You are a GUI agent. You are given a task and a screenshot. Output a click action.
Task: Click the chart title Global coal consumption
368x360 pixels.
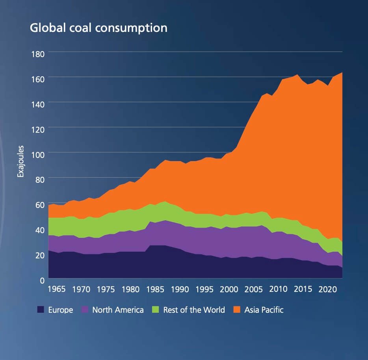click(99, 28)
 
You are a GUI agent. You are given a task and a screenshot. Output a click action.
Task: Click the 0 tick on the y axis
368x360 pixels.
click(41, 280)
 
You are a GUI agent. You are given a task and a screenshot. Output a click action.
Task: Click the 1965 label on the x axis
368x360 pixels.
click(56, 289)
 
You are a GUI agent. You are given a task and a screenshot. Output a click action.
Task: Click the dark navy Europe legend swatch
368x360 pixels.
click(41, 310)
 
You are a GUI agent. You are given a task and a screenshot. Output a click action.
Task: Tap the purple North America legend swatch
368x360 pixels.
click(85, 310)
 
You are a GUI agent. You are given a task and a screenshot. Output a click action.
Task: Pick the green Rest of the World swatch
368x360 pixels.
click(156, 310)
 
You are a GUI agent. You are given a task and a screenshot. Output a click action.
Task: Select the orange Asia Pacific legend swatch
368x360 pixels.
click(237, 310)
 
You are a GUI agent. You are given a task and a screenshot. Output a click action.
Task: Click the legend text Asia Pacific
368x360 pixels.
click(264, 310)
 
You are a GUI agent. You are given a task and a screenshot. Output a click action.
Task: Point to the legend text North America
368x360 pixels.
click(118, 310)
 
